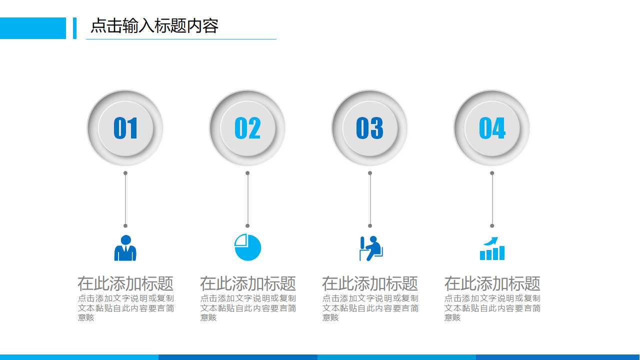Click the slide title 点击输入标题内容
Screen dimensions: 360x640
(154, 26)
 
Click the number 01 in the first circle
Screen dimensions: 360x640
(125, 128)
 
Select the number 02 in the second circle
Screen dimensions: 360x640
(247, 128)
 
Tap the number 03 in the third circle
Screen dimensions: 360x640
(369, 128)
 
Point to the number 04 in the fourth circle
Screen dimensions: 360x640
(492, 128)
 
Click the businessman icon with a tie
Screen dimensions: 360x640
(125, 248)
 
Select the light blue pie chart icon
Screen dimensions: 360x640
(248, 247)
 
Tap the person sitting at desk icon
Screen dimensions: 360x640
(370, 248)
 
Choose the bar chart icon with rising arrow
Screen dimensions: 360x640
(492, 248)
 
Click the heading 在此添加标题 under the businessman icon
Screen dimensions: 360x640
(125, 283)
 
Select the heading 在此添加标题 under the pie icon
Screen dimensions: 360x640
(247, 283)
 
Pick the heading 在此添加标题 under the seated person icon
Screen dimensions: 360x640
(369, 283)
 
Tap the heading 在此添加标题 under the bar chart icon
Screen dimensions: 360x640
(492, 283)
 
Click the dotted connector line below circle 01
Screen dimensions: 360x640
(125, 199)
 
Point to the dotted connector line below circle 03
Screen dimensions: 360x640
(370, 199)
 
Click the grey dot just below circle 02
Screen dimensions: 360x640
(247, 173)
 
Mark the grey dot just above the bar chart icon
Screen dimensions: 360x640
(492, 225)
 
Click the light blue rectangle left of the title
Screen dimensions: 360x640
(32, 28)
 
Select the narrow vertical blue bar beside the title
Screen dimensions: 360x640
(74, 28)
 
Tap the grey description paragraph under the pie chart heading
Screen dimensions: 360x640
(248, 307)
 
